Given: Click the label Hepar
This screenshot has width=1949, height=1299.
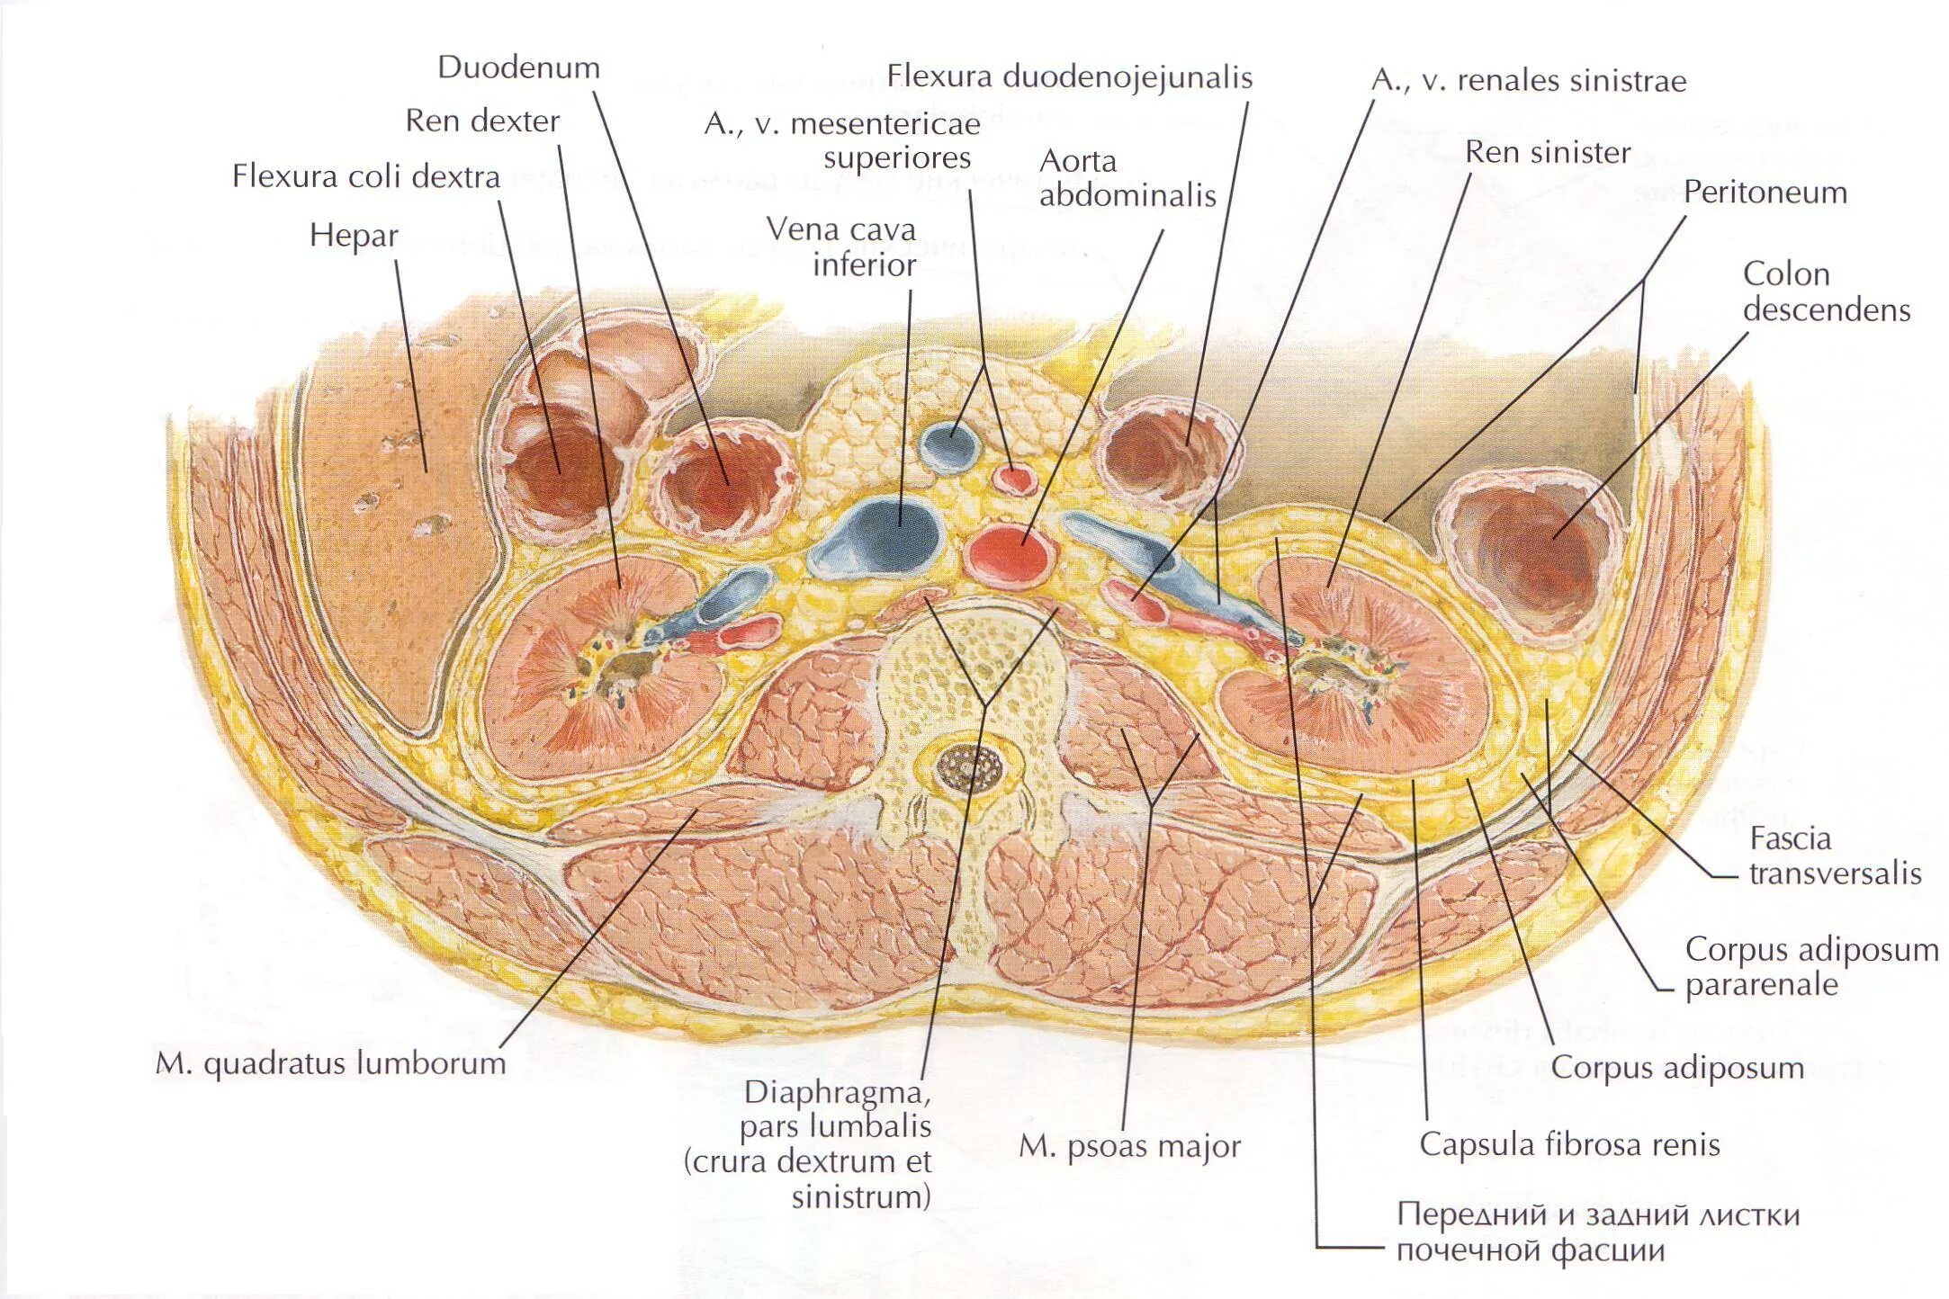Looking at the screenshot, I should (x=354, y=236).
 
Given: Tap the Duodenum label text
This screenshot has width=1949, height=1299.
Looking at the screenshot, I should (x=518, y=68).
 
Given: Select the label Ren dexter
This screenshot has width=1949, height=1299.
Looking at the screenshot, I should (x=482, y=121).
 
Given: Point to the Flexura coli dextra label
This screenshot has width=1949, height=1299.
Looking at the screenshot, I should (x=365, y=176).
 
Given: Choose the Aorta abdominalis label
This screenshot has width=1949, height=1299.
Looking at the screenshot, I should (x=1127, y=178).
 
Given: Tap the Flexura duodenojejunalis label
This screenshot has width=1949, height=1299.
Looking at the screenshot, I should (x=1069, y=77).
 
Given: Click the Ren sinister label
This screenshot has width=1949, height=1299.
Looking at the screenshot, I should (x=1547, y=153).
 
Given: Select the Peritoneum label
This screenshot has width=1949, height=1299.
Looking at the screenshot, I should (x=1765, y=193).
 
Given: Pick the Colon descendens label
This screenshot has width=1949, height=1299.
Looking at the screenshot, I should (x=1826, y=292).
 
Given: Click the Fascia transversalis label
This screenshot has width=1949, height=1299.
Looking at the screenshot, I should (x=1834, y=856).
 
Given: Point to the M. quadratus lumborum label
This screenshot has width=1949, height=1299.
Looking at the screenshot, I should (x=330, y=1064).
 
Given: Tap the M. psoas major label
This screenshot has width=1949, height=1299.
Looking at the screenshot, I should (x=1129, y=1147).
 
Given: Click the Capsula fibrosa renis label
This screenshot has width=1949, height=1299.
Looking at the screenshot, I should (x=1569, y=1145).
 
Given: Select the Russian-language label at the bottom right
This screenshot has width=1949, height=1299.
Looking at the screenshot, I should (x=1597, y=1232).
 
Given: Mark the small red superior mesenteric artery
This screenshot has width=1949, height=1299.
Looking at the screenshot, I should (x=1015, y=478).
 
